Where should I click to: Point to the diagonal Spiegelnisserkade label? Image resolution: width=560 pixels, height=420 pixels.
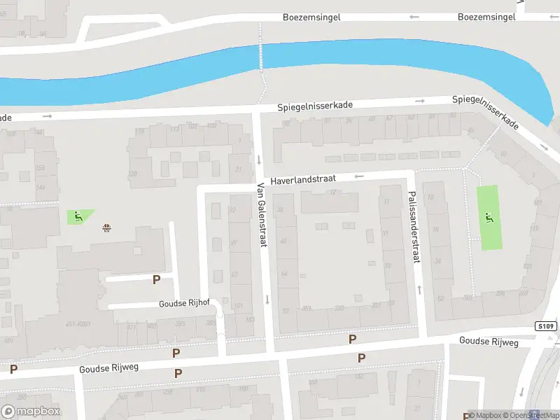point(485,112)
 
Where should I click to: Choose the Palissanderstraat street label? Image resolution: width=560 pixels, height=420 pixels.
point(414,227)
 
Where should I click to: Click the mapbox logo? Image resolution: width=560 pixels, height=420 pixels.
point(30,411)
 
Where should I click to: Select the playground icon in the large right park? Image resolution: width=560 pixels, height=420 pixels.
point(489,217)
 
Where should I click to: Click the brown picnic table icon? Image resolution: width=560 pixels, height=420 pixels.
point(106,227)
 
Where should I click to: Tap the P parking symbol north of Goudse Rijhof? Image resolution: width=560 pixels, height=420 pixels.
point(156,279)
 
